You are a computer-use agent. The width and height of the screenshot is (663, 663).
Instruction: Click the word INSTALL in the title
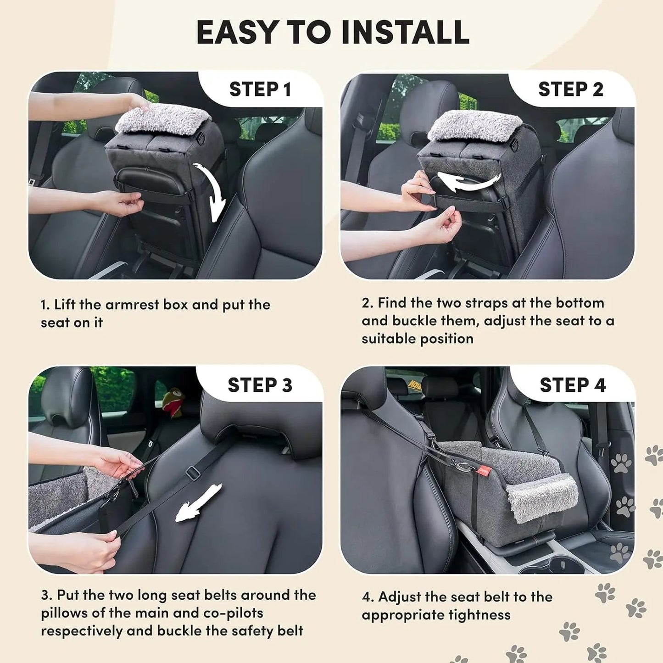click(405, 32)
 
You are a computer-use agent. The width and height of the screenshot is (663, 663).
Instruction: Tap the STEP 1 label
click(260, 89)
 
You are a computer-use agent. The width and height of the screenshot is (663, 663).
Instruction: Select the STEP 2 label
click(570, 89)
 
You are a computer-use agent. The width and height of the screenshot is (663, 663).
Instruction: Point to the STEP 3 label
click(260, 385)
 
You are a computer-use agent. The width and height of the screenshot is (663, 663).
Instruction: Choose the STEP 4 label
click(572, 385)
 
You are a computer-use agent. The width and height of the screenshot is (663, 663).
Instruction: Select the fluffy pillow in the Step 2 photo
click(475, 125)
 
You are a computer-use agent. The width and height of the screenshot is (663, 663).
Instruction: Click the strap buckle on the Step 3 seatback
click(193, 473)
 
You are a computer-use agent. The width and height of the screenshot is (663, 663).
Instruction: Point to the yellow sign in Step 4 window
click(415, 384)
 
